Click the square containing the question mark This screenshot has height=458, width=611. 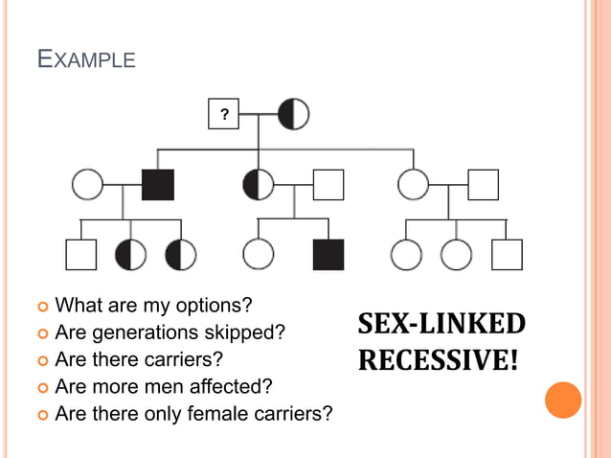pyautogui.click(x=224, y=115)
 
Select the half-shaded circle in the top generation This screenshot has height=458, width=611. pyautogui.click(x=294, y=115)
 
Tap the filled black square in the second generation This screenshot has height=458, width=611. pyautogui.click(x=158, y=184)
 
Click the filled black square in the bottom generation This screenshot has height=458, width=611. pyautogui.click(x=328, y=254)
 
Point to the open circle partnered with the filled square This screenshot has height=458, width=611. pyautogui.click(x=88, y=184)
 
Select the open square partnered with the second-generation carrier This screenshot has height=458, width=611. pyautogui.click(x=328, y=184)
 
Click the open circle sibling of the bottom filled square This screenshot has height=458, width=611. pyautogui.click(x=259, y=254)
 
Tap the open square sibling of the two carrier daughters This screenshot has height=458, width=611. pyautogui.click(x=80, y=254)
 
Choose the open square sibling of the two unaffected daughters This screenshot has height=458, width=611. pyautogui.click(x=507, y=254)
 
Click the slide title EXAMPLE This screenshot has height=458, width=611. pyautogui.click(x=86, y=59)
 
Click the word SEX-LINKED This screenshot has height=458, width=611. pyautogui.click(x=441, y=324)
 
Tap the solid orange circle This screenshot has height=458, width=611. pyautogui.click(x=563, y=400)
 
